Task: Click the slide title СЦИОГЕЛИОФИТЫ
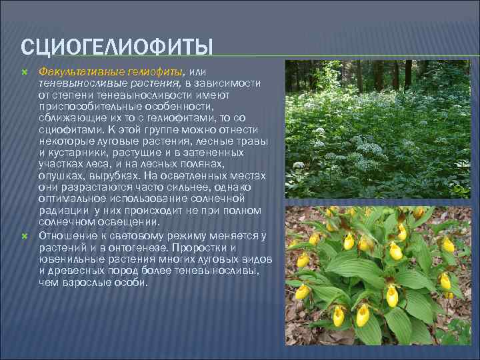tap(117, 48)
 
